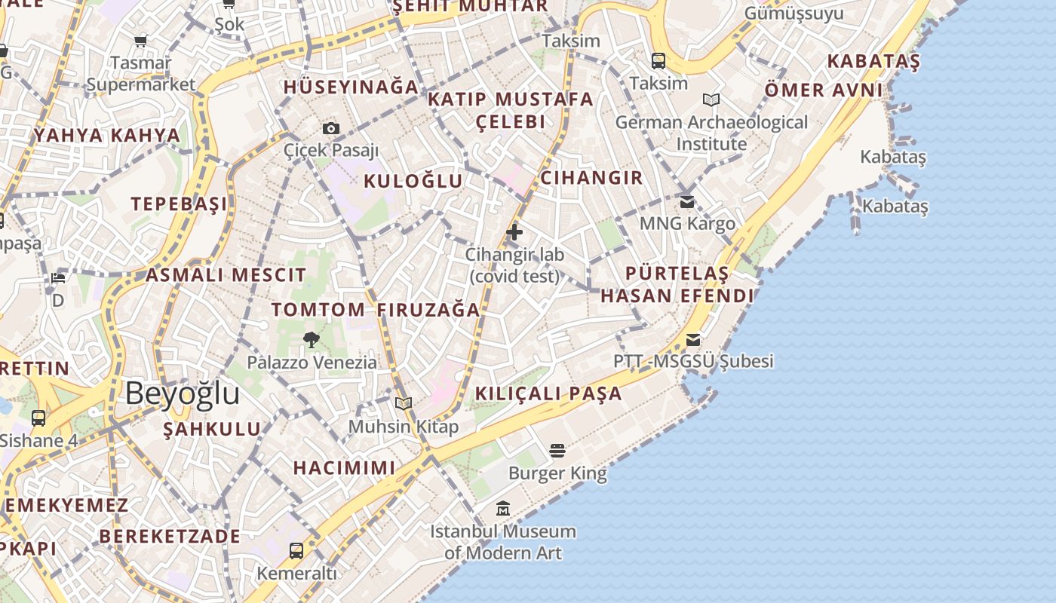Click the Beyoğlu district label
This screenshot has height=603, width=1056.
click(x=183, y=393)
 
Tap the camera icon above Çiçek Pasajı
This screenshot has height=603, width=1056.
click(x=331, y=129)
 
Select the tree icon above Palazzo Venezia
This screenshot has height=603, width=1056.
click(x=311, y=340)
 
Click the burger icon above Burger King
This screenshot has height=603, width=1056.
click(x=557, y=451)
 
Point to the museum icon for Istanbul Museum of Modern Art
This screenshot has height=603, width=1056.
click(x=503, y=509)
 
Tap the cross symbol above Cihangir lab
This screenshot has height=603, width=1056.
click(x=514, y=232)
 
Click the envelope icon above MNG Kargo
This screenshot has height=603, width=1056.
click(x=687, y=201)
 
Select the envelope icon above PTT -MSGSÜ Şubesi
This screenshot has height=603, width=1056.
click(x=693, y=339)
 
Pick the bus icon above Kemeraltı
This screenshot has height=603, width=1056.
click(x=296, y=551)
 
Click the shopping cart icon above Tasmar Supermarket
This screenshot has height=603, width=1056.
click(x=140, y=41)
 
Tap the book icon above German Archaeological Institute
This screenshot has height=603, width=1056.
click(x=711, y=99)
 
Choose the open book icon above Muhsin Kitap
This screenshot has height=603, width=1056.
click(x=404, y=404)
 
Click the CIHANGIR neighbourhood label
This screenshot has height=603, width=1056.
click(x=591, y=178)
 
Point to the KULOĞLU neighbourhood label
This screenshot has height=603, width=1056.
click(x=413, y=181)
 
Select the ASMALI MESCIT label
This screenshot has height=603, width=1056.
click(x=226, y=275)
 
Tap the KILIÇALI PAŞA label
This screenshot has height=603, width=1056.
click(x=548, y=393)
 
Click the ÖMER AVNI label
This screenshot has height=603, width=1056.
click(x=823, y=90)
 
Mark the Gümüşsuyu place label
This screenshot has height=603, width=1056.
click(x=794, y=14)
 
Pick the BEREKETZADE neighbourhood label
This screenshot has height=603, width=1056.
click(x=170, y=536)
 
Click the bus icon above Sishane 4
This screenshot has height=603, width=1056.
click(x=38, y=418)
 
